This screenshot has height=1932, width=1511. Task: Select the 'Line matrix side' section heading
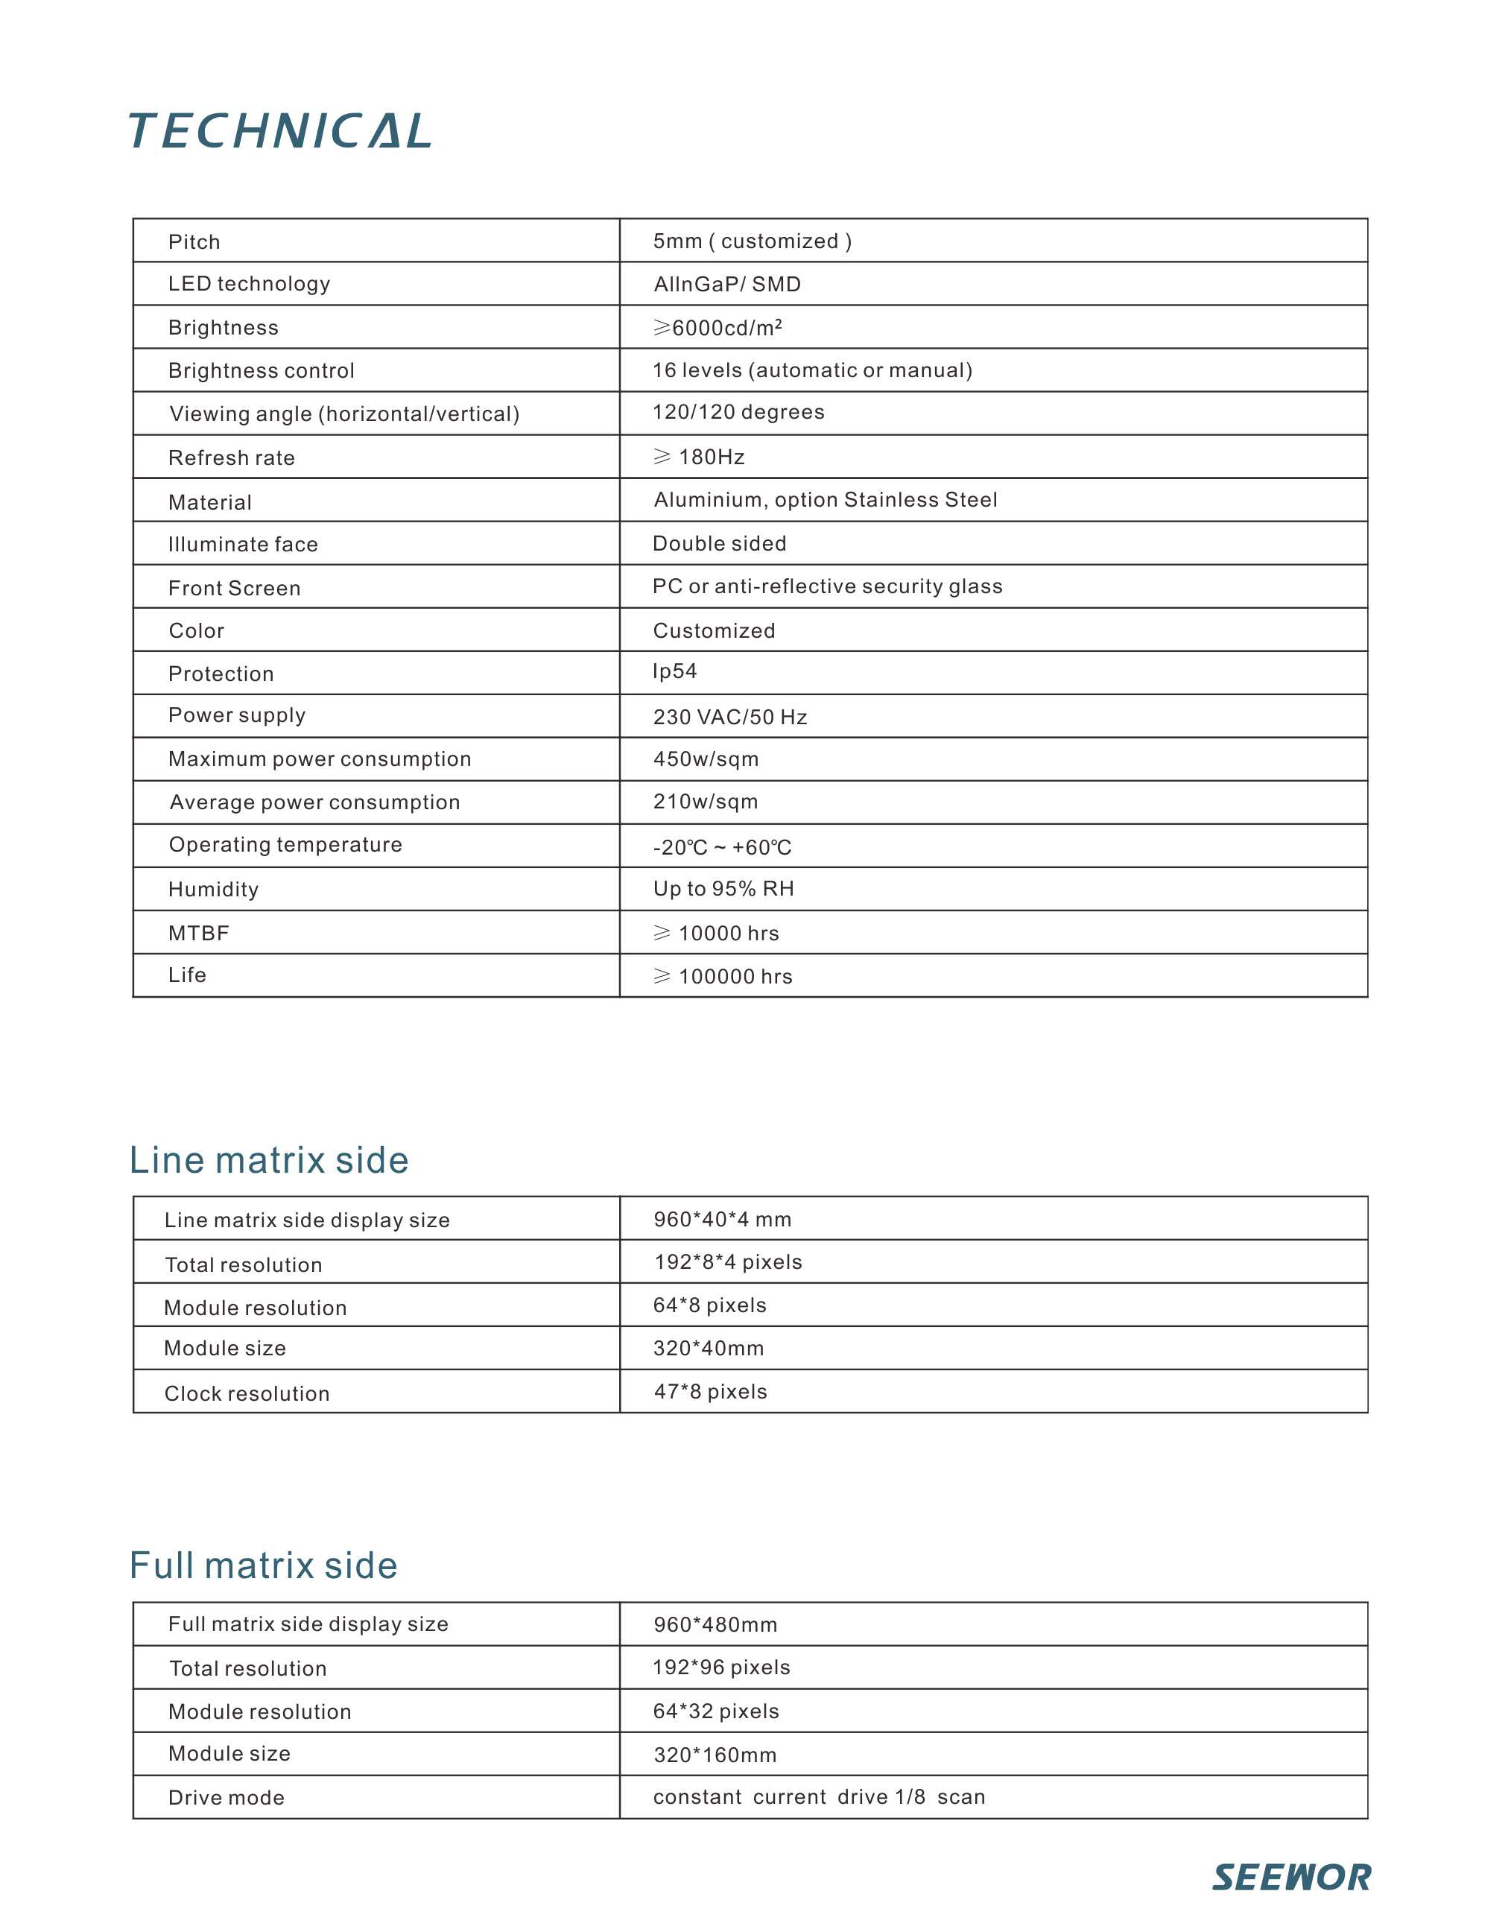point(269,1160)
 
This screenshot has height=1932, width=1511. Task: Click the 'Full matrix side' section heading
point(264,1565)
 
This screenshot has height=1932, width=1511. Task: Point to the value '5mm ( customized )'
point(752,241)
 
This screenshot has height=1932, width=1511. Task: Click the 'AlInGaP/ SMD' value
point(727,284)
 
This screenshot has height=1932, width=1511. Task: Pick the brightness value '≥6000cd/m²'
point(718,327)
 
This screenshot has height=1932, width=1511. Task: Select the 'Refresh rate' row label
point(232,457)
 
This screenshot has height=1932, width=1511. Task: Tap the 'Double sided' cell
point(719,543)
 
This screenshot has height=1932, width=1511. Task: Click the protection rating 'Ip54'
point(675,671)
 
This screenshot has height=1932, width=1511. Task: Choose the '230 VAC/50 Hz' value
point(730,717)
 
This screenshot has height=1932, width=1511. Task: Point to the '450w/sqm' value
point(706,759)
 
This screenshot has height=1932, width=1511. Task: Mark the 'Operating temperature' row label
point(286,845)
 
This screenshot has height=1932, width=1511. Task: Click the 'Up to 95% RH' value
point(723,888)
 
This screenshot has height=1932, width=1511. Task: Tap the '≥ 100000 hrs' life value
point(723,976)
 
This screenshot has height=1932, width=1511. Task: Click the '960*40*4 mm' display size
point(723,1219)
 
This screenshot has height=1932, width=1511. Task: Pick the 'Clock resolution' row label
point(247,1393)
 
